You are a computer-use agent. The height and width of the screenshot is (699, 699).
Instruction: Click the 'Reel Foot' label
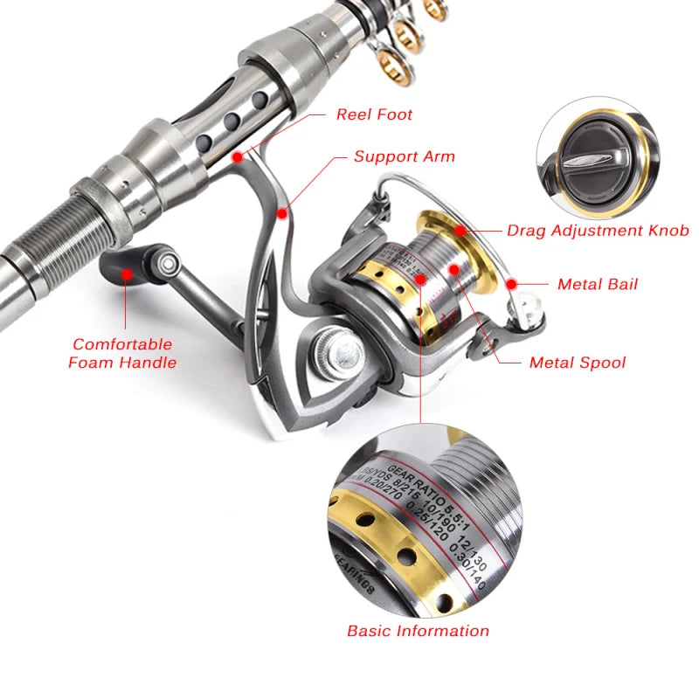[x=374, y=114]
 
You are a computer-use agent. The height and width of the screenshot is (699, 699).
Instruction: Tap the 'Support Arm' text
[x=404, y=157]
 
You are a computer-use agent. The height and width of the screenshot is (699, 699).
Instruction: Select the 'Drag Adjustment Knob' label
[x=598, y=231]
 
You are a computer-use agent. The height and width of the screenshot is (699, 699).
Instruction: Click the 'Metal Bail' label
[x=598, y=284]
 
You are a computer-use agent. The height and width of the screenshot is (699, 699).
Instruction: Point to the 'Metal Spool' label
[x=577, y=362]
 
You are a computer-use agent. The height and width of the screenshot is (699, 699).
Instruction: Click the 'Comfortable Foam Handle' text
[x=122, y=353]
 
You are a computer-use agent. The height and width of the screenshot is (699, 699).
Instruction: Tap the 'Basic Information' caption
[x=418, y=630]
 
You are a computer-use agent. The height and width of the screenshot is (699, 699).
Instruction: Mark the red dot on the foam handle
[x=127, y=273]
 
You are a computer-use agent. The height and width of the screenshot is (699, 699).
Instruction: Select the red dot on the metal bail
[x=512, y=283]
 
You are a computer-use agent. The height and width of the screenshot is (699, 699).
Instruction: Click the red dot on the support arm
[x=281, y=211]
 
